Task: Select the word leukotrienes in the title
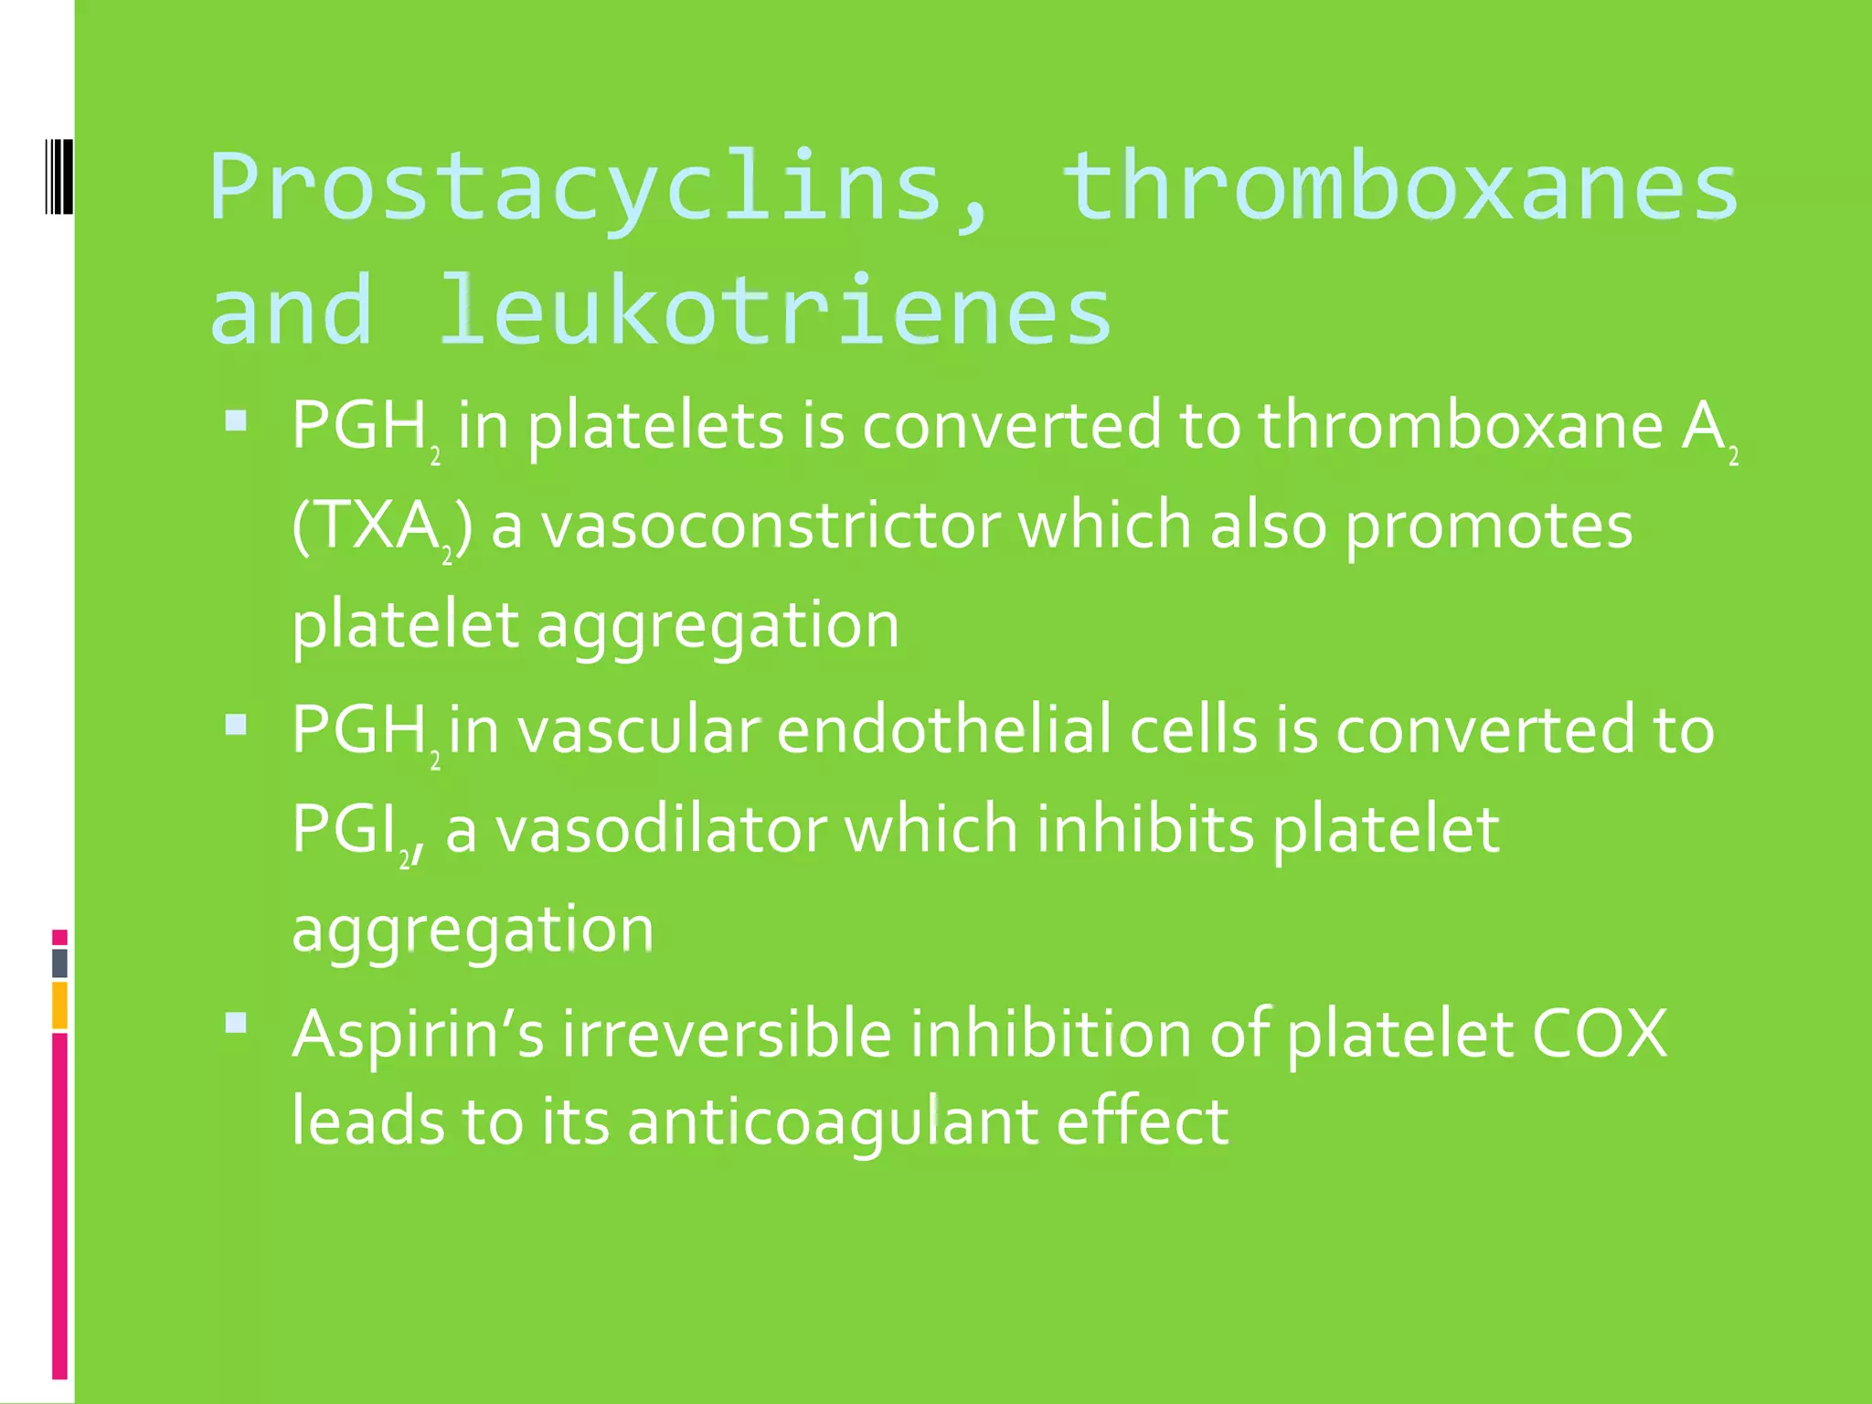click(775, 311)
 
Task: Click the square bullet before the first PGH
click(236, 420)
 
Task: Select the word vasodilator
click(661, 830)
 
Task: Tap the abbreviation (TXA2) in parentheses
click(382, 528)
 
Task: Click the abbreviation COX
click(1599, 1034)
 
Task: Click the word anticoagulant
click(833, 1122)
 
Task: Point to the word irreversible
click(727, 1034)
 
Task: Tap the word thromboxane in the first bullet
click(1460, 426)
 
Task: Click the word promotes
click(1488, 528)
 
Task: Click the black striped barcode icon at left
click(59, 176)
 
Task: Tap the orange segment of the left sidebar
click(59, 1005)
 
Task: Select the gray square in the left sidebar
click(59, 963)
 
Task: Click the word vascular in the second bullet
click(639, 730)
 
